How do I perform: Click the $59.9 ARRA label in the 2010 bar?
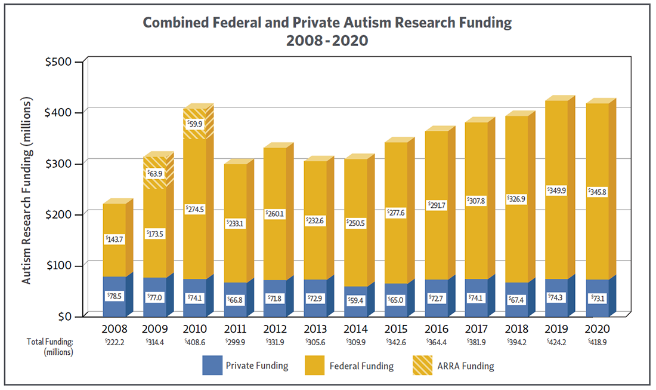pyautogui.click(x=194, y=125)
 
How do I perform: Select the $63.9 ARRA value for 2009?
pyautogui.click(x=155, y=174)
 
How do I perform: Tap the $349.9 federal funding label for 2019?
pyautogui.click(x=557, y=191)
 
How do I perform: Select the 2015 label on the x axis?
pyautogui.click(x=397, y=329)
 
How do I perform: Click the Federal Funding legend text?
pyautogui.click(x=361, y=366)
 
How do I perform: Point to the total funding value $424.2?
pyautogui.click(x=557, y=342)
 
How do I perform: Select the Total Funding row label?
pyautogui.click(x=50, y=342)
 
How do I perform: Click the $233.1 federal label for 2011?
pyautogui.click(x=235, y=223)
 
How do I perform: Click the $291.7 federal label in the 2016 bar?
pyautogui.click(x=437, y=205)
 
